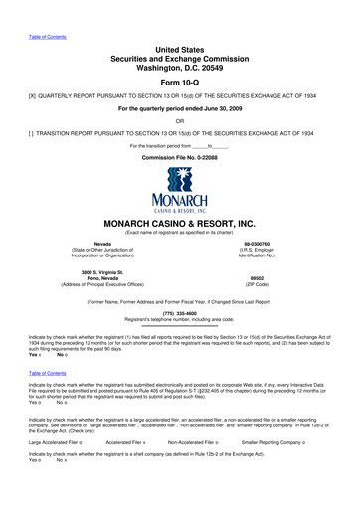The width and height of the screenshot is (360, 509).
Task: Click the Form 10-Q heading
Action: coord(180,83)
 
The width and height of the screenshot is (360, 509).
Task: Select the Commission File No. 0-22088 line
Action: coord(180,159)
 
